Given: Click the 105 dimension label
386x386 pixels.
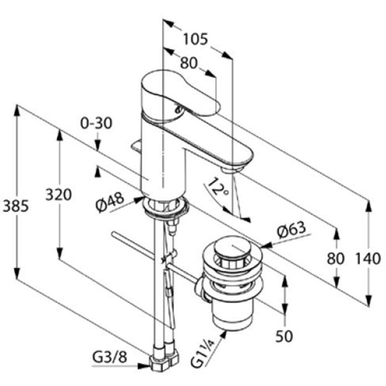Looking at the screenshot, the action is point(196,40).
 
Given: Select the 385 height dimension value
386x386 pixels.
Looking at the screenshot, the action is point(15,206).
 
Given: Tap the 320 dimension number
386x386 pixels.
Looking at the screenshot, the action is point(58,195).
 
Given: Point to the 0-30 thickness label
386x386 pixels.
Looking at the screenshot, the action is point(96,123).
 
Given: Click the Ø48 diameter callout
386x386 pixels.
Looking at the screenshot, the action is point(110,202).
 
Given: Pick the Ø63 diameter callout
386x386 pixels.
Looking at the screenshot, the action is point(291,230).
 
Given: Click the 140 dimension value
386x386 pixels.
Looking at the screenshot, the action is point(368,259).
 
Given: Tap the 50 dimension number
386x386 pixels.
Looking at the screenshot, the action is point(284,336).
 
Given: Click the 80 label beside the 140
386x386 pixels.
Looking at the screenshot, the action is point(335,259).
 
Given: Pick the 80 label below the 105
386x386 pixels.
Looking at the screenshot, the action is point(189,63).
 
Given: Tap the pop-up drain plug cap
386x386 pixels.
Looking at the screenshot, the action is point(232,247).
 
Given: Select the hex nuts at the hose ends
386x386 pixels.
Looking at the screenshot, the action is point(164,358).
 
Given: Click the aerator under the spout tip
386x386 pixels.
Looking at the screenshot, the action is point(232,170).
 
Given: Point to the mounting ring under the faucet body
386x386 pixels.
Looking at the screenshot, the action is point(165,207).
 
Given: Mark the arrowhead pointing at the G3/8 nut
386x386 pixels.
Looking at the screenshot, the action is point(143,366).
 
